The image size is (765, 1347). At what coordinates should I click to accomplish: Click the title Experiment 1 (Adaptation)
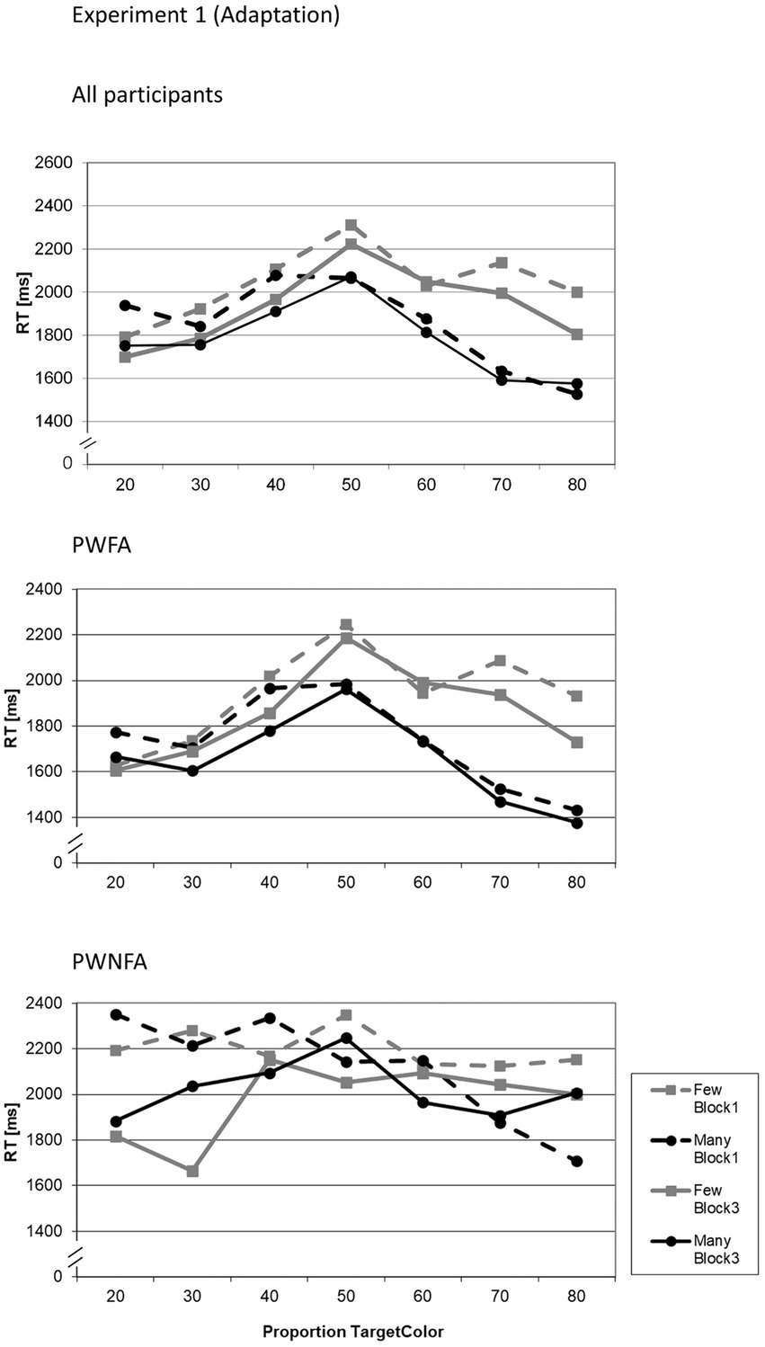(206, 15)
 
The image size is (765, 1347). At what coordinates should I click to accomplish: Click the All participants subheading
(147, 94)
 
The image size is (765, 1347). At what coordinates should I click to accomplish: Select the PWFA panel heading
(102, 544)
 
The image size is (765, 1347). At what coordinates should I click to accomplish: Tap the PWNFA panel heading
(110, 963)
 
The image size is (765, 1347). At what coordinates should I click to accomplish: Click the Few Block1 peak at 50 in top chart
(351, 225)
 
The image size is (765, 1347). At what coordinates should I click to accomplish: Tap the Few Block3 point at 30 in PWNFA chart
(191, 1171)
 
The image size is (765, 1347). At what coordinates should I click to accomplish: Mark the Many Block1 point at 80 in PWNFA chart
(576, 1161)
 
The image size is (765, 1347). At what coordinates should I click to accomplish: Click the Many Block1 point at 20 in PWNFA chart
(115, 1014)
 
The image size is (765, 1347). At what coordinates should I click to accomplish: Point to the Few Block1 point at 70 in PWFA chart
(500, 661)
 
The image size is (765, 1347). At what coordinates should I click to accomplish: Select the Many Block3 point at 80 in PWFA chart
(576, 823)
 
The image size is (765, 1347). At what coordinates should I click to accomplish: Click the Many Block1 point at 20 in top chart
(125, 306)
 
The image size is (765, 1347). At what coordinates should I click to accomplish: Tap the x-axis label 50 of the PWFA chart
(351, 882)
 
